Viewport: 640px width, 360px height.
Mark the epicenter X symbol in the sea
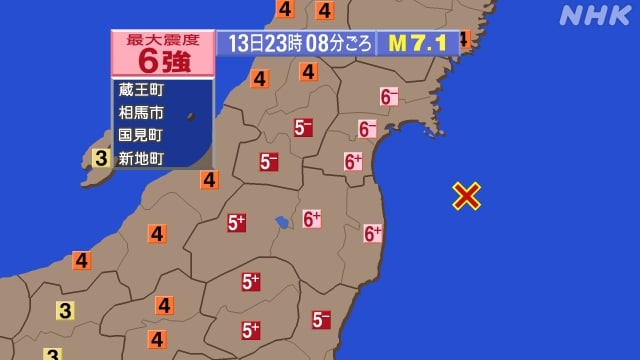click(x=466, y=196)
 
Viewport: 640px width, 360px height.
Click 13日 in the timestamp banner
click(x=243, y=43)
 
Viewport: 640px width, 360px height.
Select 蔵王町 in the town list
click(x=140, y=91)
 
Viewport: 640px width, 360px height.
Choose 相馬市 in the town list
click(x=140, y=112)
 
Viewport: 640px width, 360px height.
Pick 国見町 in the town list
click(x=140, y=134)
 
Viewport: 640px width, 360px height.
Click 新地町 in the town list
click(x=140, y=156)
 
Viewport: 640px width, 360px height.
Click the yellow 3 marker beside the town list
click(x=101, y=157)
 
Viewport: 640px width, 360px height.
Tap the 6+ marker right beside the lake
click(x=311, y=218)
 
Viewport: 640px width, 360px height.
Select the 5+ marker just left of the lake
click(x=237, y=224)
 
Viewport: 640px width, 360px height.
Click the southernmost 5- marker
click(x=321, y=320)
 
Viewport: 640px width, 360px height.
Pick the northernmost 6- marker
click(x=389, y=97)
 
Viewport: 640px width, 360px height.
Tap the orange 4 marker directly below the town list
click(x=209, y=180)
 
